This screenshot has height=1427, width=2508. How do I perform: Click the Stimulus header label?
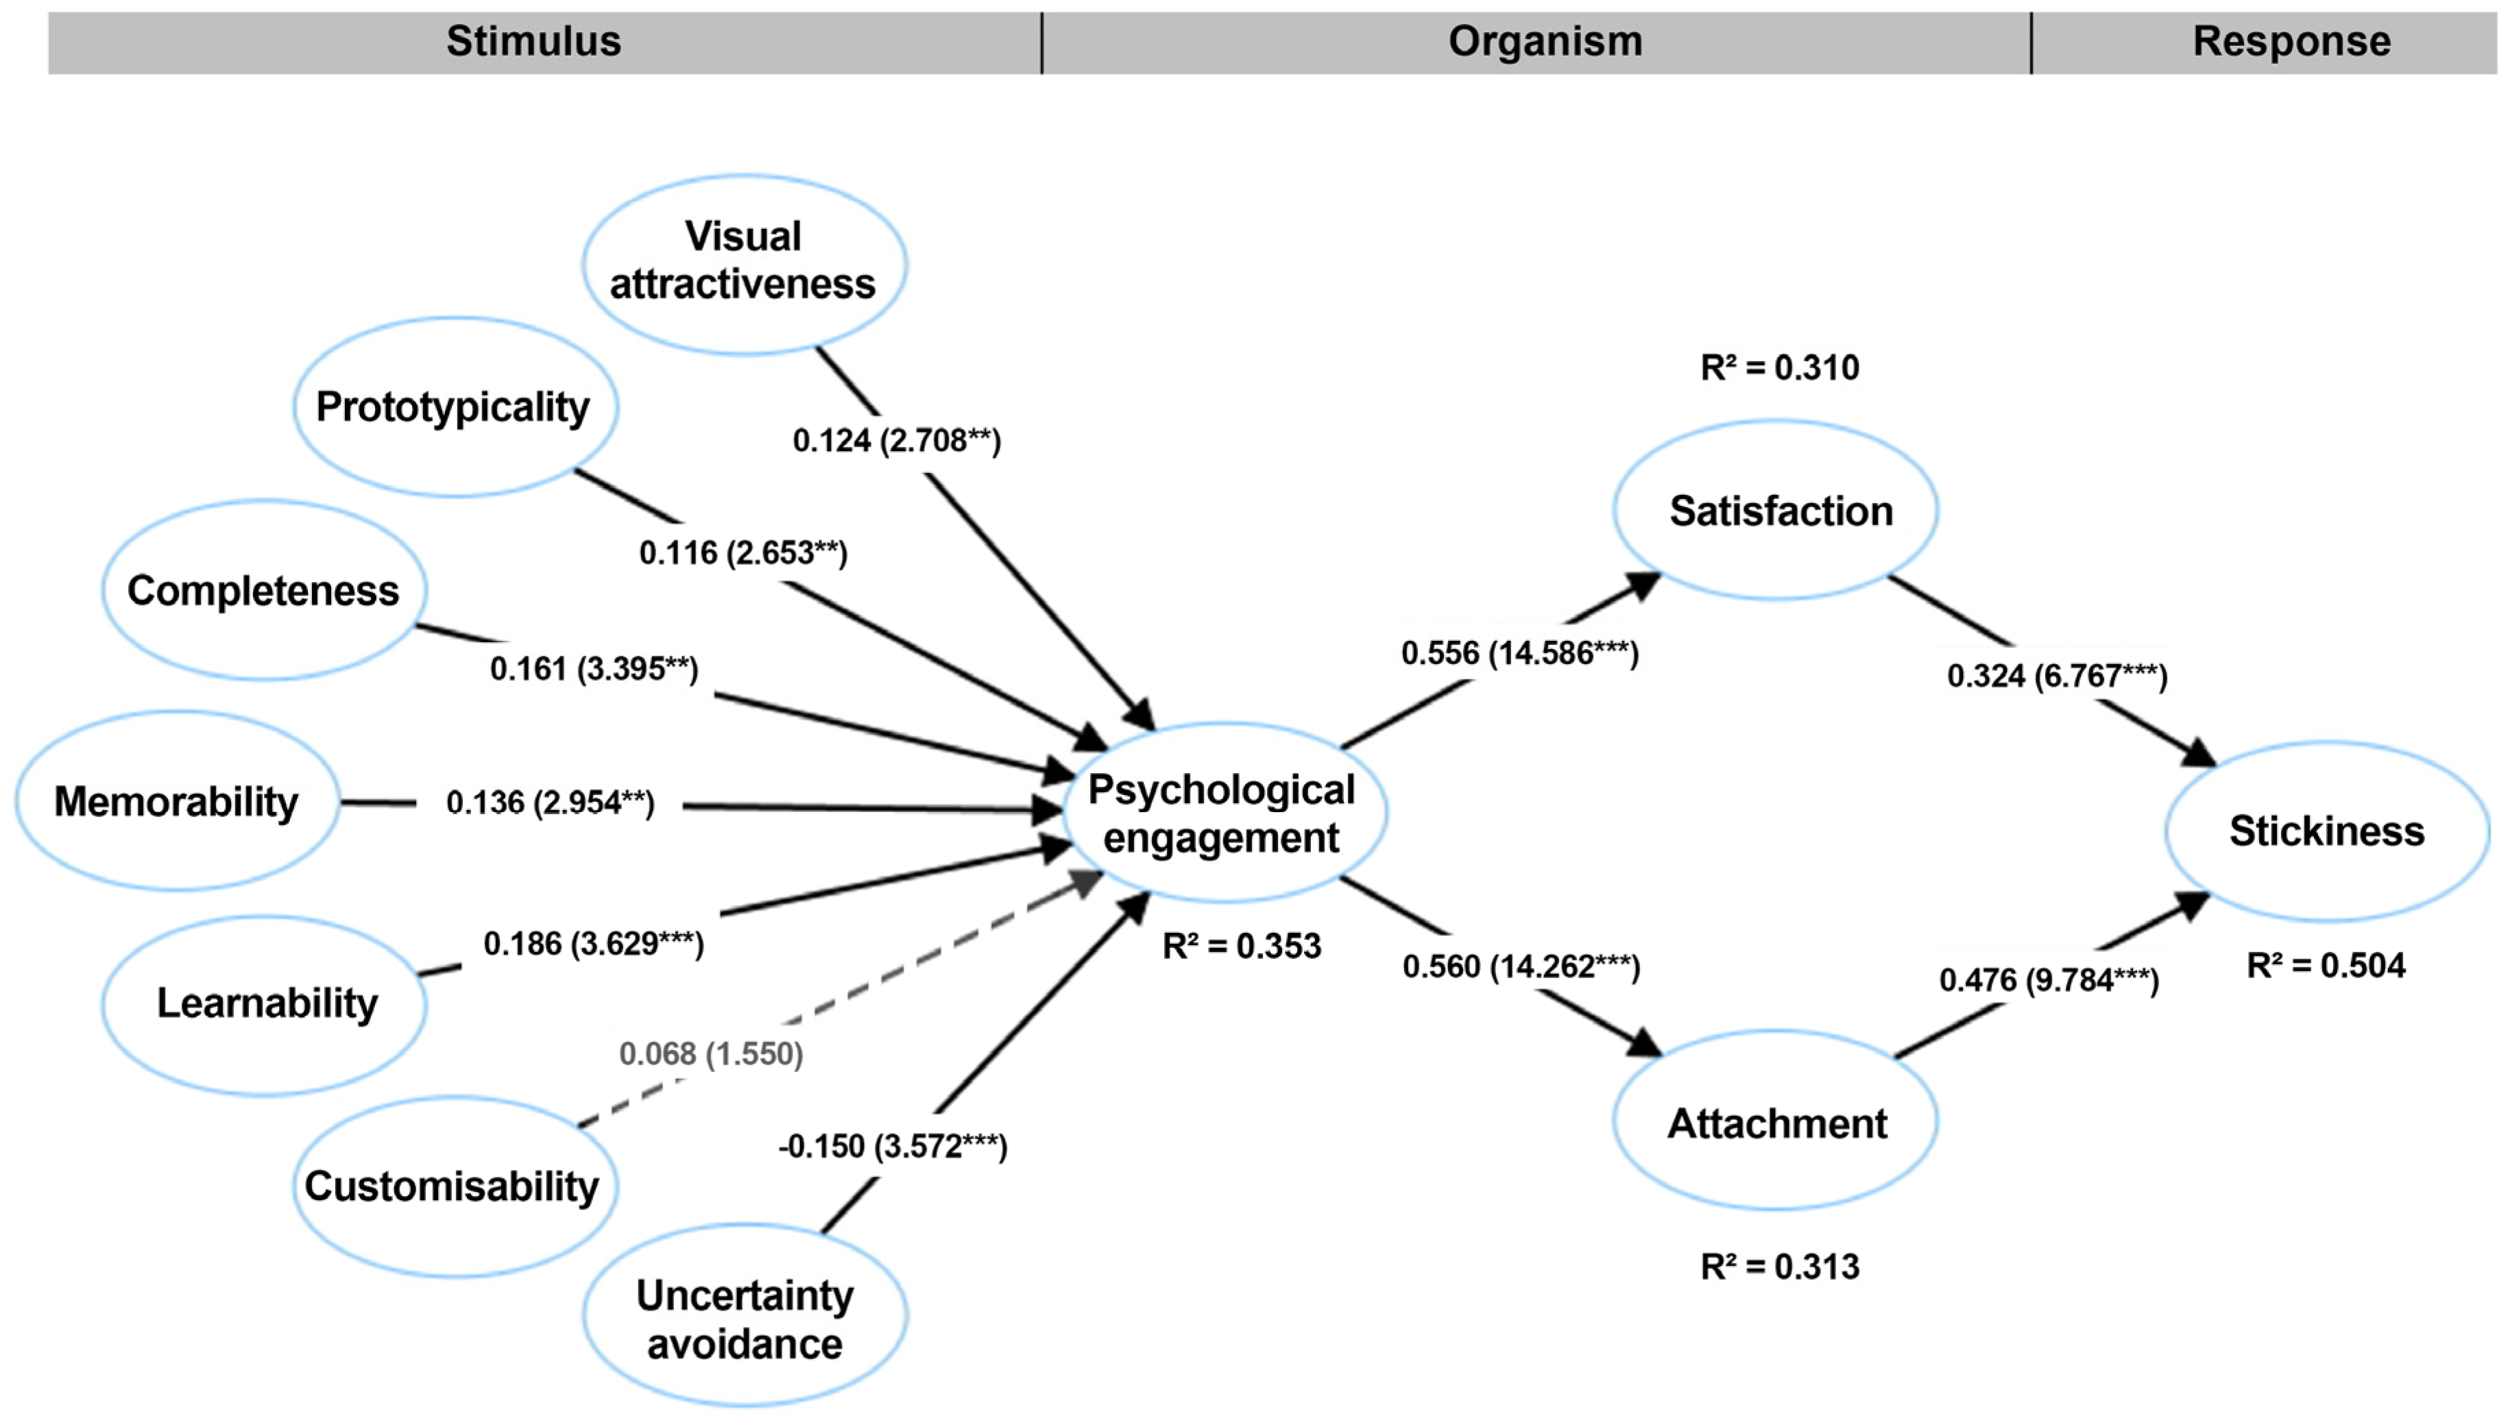pos(533,41)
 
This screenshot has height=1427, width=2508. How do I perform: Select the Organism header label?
pos(1545,41)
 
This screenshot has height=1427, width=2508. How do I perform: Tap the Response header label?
pos(2291,41)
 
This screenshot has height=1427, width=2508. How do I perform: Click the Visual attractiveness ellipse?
pos(744,262)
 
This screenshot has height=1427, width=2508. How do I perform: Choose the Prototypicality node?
pos(454,406)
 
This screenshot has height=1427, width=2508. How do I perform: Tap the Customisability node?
pos(453,1186)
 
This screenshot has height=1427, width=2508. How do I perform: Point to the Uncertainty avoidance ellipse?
pos(745,1318)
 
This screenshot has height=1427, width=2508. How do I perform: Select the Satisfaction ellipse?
pos(1780,511)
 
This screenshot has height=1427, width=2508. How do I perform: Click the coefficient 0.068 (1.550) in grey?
pos(712,1053)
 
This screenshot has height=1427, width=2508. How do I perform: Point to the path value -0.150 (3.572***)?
pos(893,1146)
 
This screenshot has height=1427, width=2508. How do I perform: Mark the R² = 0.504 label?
pos(2326,965)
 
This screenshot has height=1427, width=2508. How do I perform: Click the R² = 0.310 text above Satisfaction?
pos(1780,367)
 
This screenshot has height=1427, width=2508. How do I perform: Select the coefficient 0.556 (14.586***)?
pos(1520,652)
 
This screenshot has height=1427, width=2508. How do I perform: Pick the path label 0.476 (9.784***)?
pos(2049,980)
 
